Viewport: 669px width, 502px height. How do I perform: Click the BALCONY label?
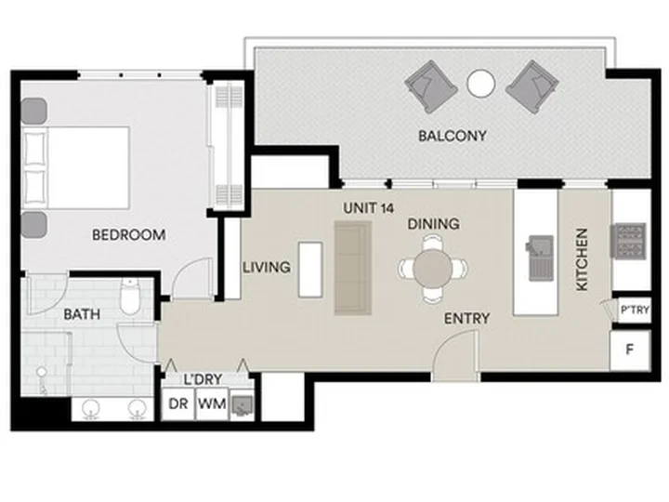[453, 136]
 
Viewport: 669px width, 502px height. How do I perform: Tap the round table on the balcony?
[481, 84]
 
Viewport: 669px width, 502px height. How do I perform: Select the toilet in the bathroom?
[130, 297]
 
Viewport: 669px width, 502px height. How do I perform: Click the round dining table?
[432, 269]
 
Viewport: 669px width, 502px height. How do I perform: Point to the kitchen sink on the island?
[540, 258]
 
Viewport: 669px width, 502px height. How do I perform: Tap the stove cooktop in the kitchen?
[629, 241]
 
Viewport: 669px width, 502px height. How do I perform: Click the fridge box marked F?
[630, 350]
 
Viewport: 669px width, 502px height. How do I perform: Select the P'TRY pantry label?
[635, 310]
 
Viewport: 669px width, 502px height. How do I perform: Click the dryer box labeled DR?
[178, 403]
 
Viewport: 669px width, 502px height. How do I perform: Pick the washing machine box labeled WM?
[212, 403]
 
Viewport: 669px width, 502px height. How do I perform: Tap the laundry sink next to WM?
[242, 404]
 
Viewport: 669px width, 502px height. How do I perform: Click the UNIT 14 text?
[369, 208]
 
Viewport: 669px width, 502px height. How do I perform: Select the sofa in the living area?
[353, 268]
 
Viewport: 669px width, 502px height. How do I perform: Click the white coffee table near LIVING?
[310, 270]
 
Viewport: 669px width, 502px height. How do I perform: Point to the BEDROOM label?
[129, 235]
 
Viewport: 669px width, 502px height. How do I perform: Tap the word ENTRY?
[466, 319]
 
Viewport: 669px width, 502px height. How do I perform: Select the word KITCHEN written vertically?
[583, 259]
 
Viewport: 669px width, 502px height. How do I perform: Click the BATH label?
[82, 314]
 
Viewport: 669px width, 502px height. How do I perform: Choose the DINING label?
[434, 224]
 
